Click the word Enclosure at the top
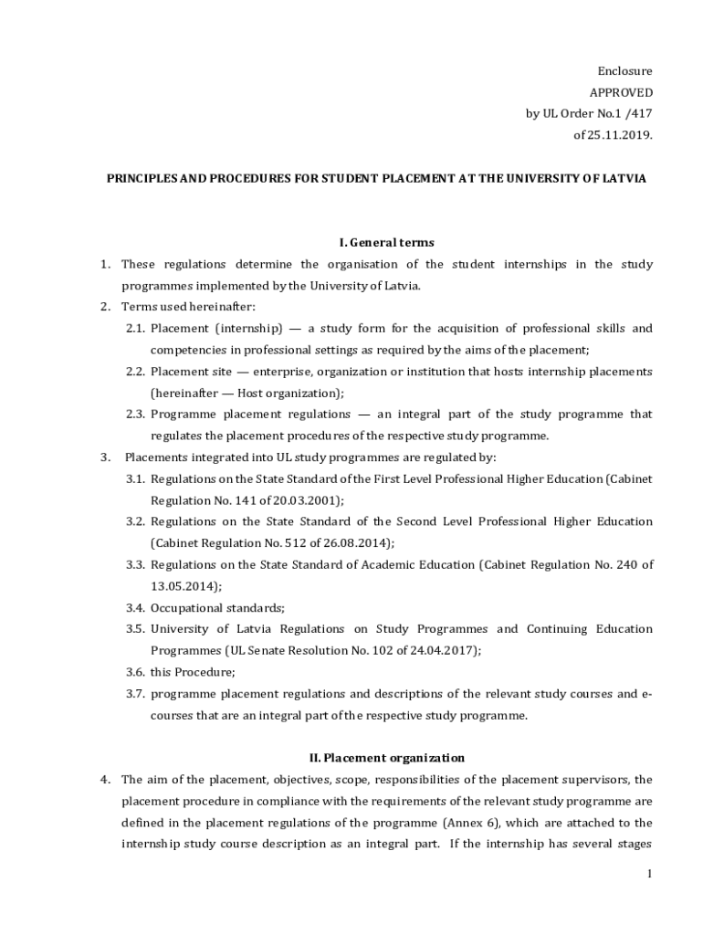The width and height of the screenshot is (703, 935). click(x=625, y=71)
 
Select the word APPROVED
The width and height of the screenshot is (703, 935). click(x=621, y=92)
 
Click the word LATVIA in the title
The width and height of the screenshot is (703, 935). click(x=621, y=179)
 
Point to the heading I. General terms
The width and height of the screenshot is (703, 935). click(x=386, y=243)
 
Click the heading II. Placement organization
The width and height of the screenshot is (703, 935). click(x=382, y=758)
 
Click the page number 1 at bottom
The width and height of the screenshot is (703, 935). click(x=649, y=875)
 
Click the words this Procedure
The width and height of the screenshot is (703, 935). click(x=192, y=672)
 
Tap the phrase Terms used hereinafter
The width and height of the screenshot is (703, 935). click(x=189, y=307)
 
